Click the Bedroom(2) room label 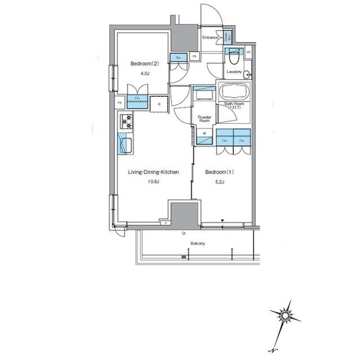(x=140, y=64)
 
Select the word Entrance (x=211, y=38)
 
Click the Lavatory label (x=234, y=72)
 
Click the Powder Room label (x=204, y=119)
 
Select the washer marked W (x=204, y=134)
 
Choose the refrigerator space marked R (x=160, y=104)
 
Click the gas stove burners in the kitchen (x=125, y=120)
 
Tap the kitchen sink (x=125, y=145)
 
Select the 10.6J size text (x=154, y=181)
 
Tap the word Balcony (x=197, y=243)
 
